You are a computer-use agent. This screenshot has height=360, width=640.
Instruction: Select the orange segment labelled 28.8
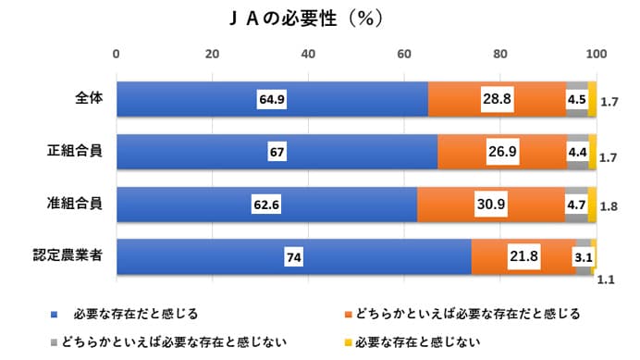coord(498,99)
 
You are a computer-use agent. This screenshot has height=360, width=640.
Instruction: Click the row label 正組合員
coord(75,151)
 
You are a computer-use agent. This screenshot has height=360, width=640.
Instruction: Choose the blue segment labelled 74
coord(293,256)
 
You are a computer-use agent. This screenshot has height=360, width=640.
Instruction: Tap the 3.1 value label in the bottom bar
coord(583,255)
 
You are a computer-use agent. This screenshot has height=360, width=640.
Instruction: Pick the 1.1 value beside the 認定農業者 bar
coord(607,277)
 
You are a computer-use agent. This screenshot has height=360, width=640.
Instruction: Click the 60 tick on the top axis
coord(404,52)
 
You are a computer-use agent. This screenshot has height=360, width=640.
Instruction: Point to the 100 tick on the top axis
coord(597,52)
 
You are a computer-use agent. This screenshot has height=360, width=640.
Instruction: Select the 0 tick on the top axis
coord(117,52)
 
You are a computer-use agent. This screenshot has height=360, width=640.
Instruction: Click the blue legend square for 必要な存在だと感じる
coord(55,315)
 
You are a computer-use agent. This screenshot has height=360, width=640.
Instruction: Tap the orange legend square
coord(348,315)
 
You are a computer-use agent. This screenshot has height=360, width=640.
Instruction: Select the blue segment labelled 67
coord(276,152)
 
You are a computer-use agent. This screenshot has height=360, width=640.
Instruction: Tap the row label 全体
coord(89,99)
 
